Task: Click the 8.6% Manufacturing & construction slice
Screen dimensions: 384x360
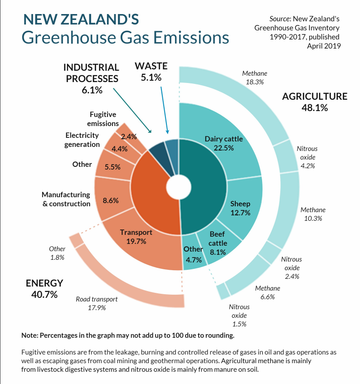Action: tap(111, 199)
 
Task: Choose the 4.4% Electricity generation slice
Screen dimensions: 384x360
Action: tap(118, 149)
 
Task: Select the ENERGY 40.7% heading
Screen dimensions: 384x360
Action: tap(44, 288)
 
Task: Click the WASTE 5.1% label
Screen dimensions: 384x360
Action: tap(151, 72)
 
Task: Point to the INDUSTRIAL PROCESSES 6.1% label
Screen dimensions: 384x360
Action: tap(92, 78)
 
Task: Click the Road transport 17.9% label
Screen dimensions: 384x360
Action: tap(97, 303)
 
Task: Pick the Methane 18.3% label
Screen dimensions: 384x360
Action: tap(254, 78)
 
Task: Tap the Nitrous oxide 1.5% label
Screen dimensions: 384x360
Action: tap(239, 315)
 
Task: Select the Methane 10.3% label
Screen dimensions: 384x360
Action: tap(313, 214)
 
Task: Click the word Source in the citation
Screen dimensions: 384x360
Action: tap(279, 19)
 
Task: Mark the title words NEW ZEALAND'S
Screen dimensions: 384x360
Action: tap(81, 19)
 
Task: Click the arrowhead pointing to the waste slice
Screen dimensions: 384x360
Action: tap(167, 133)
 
